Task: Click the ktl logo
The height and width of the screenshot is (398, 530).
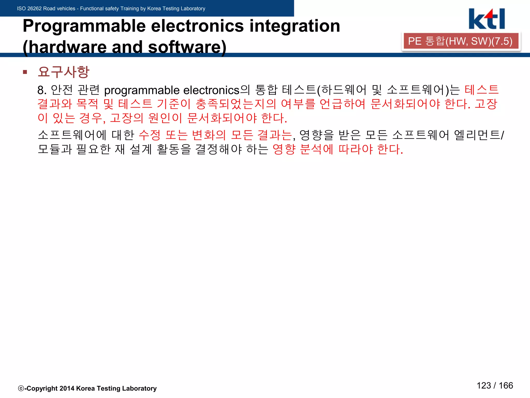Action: point(487,19)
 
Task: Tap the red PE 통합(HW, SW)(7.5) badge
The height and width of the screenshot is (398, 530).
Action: point(461,41)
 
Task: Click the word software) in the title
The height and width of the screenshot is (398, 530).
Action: point(187,47)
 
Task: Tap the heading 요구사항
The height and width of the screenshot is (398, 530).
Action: point(63,72)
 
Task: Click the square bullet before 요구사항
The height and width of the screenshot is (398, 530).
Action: point(25,72)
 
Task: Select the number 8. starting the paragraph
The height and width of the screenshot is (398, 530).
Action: point(42,90)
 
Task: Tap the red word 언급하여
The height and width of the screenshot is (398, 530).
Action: point(342,104)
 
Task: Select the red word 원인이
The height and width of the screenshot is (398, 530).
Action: point(165,118)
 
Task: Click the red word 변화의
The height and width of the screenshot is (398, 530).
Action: point(209,135)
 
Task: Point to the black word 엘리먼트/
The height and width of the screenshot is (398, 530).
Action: point(479,135)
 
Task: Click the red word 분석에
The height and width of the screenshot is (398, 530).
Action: point(316,149)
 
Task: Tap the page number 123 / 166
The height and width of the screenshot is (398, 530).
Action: point(495,386)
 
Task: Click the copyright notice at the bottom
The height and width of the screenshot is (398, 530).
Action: point(87,388)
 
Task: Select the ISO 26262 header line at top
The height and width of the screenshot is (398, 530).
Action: point(111,9)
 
